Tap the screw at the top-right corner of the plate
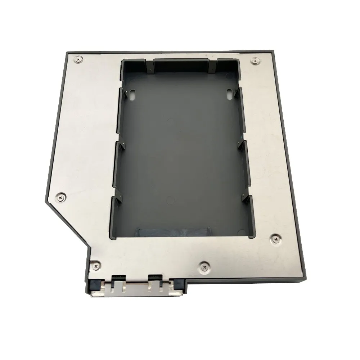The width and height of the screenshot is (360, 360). pos(256,62)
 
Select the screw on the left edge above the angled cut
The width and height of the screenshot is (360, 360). pos(59,197)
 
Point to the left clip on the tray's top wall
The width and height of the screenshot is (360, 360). pos(149,64)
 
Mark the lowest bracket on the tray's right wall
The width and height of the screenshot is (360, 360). pos(247,199)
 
